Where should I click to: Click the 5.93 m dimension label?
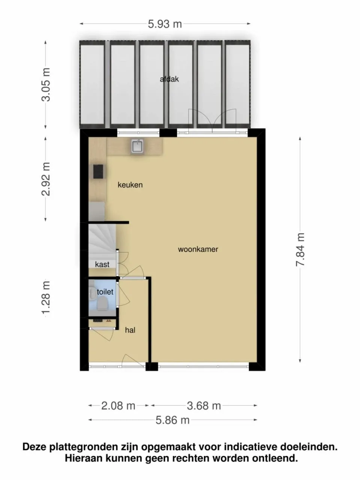(165, 24)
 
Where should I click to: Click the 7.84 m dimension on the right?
(300, 250)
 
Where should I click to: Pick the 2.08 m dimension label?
(118, 405)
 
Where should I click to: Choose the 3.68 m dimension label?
(204, 405)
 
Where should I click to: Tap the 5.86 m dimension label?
(172, 420)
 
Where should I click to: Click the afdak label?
(169, 79)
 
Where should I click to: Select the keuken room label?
(130, 185)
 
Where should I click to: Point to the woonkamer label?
(198, 249)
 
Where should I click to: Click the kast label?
(102, 264)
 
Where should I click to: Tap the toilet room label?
(105, 291)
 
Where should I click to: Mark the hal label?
(130, 330)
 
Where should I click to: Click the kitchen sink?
(138, 147)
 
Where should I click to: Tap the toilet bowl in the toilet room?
(102, 304)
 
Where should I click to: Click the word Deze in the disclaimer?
(36, 447)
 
